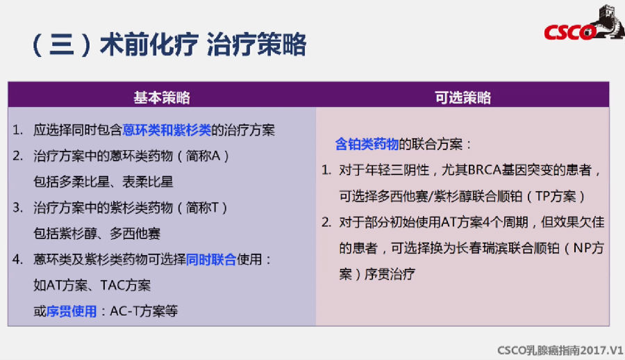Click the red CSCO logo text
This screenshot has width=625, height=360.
(x=570, y=32)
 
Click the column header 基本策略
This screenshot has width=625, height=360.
(x=162, y=97)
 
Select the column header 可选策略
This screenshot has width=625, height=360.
(x=462, y=97)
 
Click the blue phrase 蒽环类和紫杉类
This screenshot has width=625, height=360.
(x=167, y=130)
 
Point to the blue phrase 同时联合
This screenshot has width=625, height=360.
(x=211, y=260)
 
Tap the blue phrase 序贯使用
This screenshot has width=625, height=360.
(x=72, y=311)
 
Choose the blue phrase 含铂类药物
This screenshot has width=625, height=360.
(x=367, y=144)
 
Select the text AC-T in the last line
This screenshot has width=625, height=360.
(x=122, y=311)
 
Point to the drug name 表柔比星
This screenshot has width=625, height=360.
(x=148, y=182)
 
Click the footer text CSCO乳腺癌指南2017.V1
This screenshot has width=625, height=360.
(x=560, y=350)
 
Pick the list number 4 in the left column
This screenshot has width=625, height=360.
(x=17, y=260)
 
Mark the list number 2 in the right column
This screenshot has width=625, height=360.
(x=326, y=222)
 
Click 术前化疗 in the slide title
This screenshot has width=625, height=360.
(x=149, y=44)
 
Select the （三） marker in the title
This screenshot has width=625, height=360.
(x=62, y=44)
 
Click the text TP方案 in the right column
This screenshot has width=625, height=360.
(x=556, y=197)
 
